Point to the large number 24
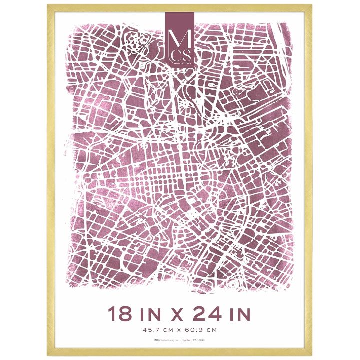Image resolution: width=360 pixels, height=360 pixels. point(209,314)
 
